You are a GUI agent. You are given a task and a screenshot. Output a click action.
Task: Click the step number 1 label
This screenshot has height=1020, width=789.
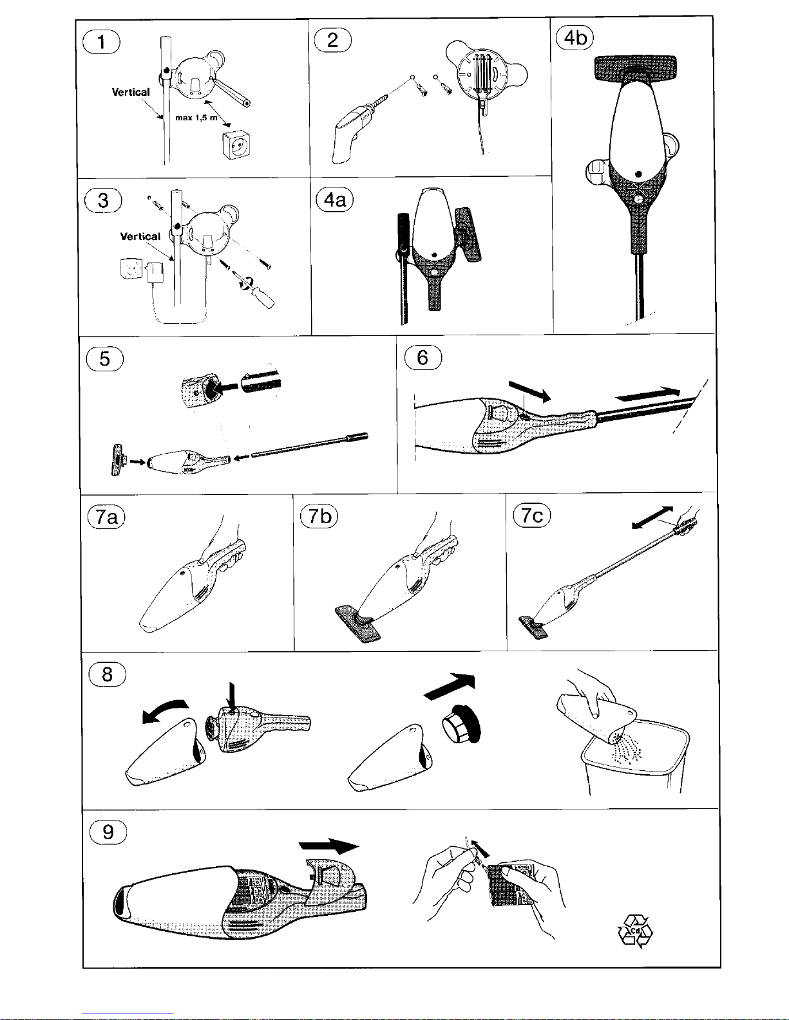pyautogui.click(x=101, y=42)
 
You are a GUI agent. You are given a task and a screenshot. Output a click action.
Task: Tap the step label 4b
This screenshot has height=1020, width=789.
pyautogui.click(x=575, y=37)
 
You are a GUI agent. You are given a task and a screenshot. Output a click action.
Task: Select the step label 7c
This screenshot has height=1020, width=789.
pyautogui.click(x=531, y=515)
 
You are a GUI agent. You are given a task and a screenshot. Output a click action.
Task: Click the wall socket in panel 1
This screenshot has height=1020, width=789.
pyautogui.click(x=236, y=145)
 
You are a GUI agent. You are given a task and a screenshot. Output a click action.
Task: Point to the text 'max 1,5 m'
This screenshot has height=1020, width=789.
pyautogui.click(x=196, y=117)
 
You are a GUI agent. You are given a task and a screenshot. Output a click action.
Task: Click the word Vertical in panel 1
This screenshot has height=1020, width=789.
pyautogui.click(x=131, y=92)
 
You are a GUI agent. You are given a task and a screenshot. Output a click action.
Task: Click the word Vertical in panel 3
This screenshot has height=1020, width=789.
pyautogui.click(x=140, y=236)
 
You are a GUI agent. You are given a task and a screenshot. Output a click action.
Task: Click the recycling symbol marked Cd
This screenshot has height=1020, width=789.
pyautogui.click(x=635, y=931)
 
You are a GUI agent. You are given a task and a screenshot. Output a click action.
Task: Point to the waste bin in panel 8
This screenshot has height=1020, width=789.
pyautogui.click(x=635, y=757)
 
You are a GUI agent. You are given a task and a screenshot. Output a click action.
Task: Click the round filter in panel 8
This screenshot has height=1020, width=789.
pyautogui.click(x=461, y=724)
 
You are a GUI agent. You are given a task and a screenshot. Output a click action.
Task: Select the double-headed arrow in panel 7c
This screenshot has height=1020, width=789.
pyautogui.click(x=652, y=518)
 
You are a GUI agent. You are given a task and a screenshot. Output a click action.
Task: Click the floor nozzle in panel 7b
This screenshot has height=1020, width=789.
pyautogui.click(x=358, y=624)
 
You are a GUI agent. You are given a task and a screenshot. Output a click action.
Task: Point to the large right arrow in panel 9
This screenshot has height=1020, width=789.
pyautogui.click(x=329, y=846)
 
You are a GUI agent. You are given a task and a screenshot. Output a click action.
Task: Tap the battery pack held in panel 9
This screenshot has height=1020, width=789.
pyautogui.click(x=511, y=884)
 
